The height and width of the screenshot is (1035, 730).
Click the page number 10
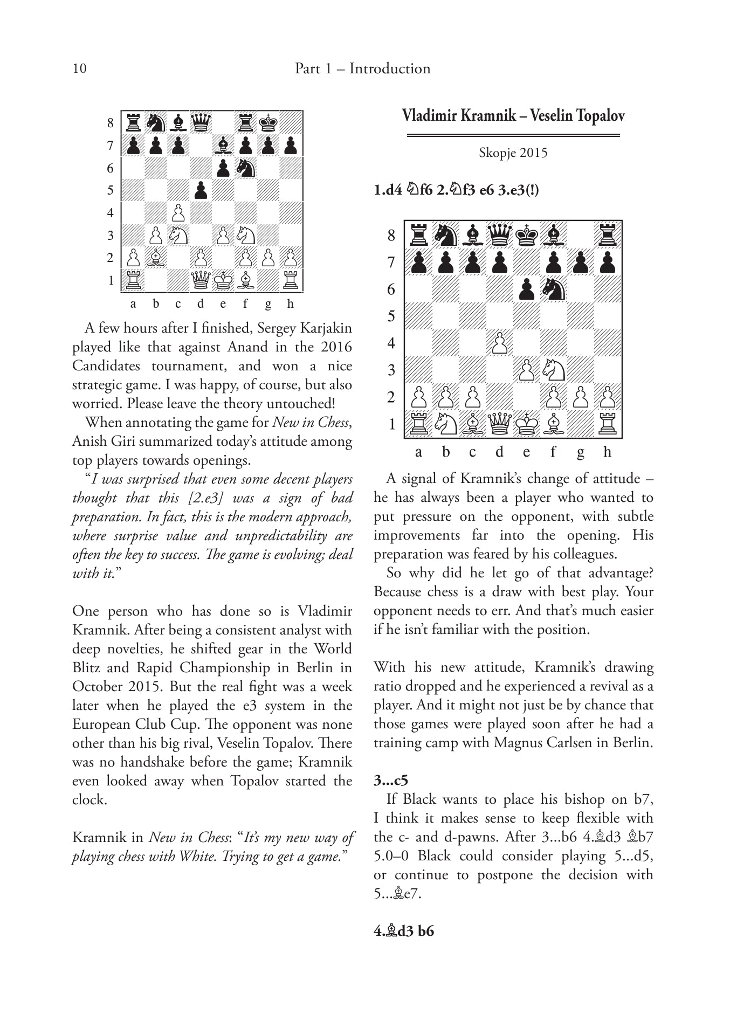pos(79,68)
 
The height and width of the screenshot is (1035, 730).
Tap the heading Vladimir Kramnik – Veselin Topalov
pos(513,116)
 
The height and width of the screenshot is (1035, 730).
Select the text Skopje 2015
pos(513,153)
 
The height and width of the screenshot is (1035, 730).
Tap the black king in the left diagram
pos(268,123)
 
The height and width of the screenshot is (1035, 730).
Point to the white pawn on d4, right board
pos(500,343)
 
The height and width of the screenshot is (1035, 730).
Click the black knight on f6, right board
pos(554,289)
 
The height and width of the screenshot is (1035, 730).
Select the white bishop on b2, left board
pos(156,258)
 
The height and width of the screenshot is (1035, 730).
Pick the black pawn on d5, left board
pos(201,190)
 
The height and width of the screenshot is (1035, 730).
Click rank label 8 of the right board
pos(391,236)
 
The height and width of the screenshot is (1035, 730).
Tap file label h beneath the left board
pos(291,304)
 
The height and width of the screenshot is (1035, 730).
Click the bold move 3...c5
pos(391,781)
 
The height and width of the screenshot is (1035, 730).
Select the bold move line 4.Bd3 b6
pos(404,931)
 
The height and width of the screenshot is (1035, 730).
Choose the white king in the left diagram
pos(223,280)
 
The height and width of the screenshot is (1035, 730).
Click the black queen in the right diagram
pos(500,236)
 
